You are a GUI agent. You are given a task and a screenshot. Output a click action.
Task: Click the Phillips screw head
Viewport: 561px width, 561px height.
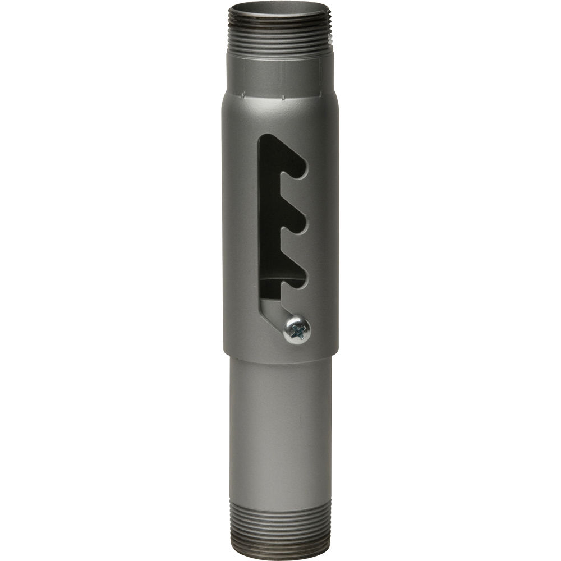(297, 329)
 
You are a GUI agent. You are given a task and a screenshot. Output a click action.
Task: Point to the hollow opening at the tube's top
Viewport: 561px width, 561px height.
(279, 9)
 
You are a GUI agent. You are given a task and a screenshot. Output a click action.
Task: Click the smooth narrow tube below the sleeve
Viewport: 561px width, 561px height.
(280, 426)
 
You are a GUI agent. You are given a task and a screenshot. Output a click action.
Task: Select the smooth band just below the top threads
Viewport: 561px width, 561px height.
(279, 73)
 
